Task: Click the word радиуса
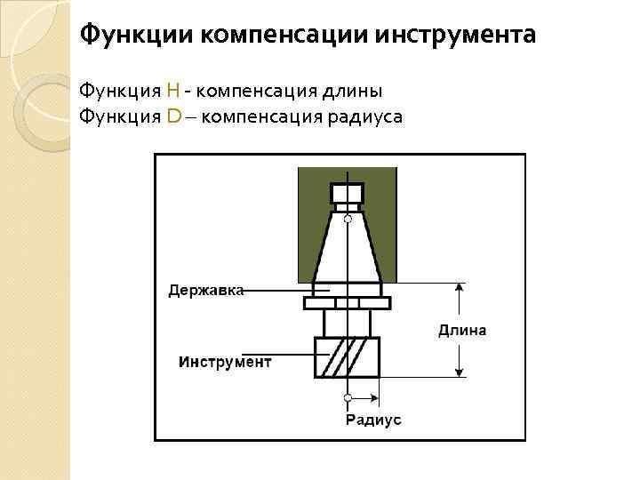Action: coord(366,116)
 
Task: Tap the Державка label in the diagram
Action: coord(206,290)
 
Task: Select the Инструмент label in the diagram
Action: coord(225,362)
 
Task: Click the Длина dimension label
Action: coord(462,331)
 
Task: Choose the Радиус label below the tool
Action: coord(373,420)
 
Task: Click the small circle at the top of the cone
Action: coord(348,218)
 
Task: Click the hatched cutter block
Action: coord(348,357)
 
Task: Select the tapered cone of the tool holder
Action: coord(348,253)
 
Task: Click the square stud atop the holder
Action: coord(348,193)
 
